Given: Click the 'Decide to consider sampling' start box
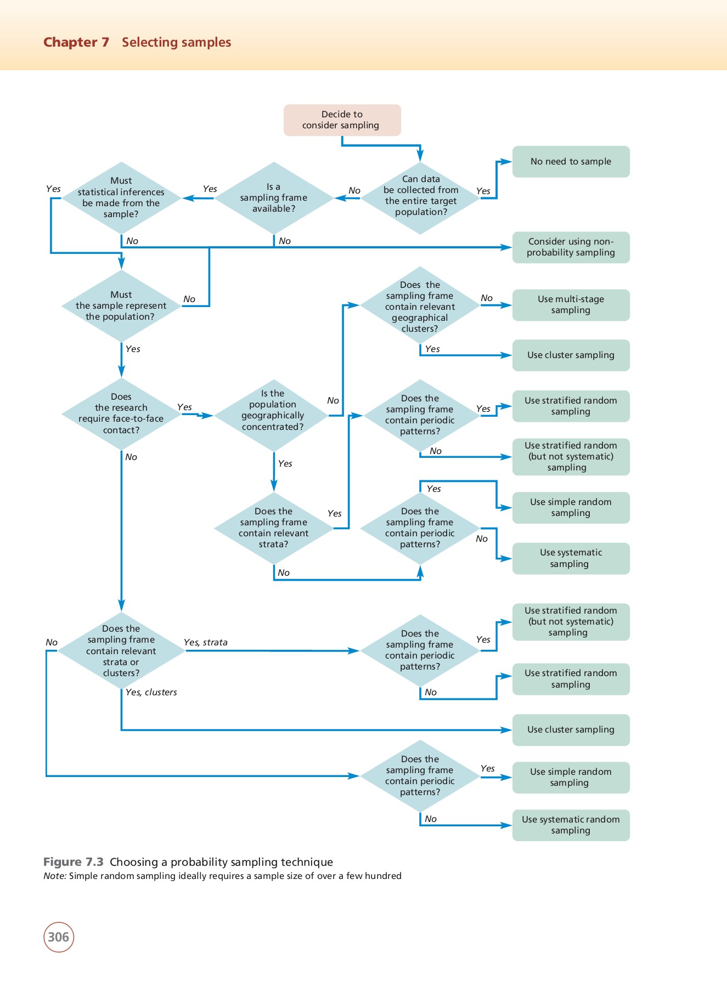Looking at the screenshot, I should [342, 120].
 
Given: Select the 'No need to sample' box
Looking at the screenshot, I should [571, 162].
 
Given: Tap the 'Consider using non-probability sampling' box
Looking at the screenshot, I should [571, 247].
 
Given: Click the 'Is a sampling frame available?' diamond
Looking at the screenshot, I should [274, 198].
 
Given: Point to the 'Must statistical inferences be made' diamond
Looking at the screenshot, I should [121, 198].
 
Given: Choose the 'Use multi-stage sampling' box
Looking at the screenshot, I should [571, 305].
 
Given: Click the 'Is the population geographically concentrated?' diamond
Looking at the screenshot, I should [273, 416].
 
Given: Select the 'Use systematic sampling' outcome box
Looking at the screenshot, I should [571, 558].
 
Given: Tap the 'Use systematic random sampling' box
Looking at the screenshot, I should [571, 825].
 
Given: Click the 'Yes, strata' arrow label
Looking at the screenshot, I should [206, 642].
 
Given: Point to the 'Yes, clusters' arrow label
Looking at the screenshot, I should [151, 692].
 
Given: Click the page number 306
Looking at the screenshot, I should [59, 937].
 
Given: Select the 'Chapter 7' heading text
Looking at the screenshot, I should [76, 42].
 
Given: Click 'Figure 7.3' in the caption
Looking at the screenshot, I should [74, 861].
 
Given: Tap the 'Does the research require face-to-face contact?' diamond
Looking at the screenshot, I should [121, 414].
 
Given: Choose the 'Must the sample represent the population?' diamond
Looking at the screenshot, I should [121, 306].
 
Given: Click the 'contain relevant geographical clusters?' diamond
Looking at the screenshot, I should [420, 306].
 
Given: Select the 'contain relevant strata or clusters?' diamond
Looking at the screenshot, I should [121, 651].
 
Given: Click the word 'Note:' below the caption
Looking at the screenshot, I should [55, 876].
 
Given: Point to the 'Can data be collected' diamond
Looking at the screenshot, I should [420, 198].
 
